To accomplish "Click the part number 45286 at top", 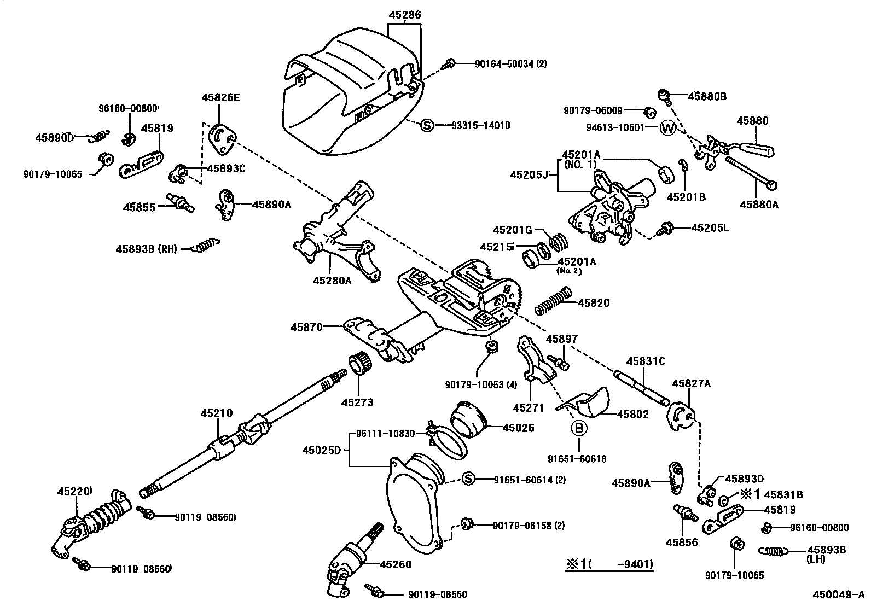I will (405, 15).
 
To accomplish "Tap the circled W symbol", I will (668, 128).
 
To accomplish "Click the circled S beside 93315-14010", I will (427, 126).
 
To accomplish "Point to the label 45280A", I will (332, 281).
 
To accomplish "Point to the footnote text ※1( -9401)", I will (609, 564).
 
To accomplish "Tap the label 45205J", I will (529, 174).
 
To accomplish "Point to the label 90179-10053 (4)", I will (480, 384).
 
